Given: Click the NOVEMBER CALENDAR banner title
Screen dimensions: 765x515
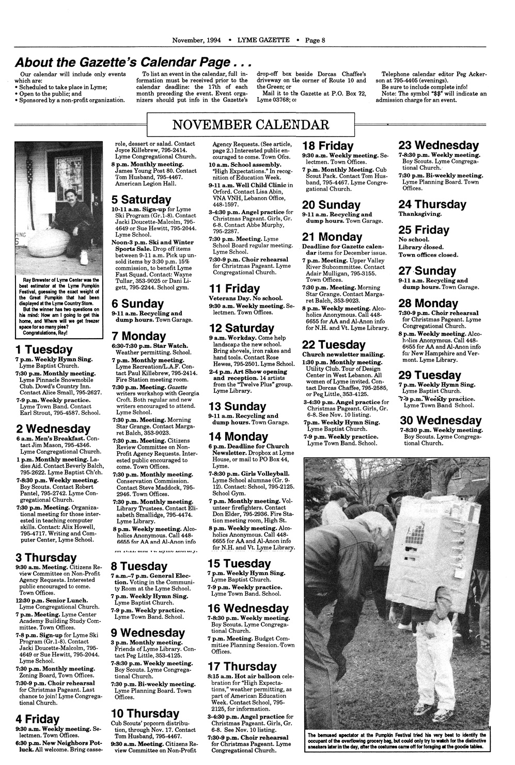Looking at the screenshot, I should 251,125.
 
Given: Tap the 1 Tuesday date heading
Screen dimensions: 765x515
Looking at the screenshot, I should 44,349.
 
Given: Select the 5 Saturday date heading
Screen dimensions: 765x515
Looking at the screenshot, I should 141,199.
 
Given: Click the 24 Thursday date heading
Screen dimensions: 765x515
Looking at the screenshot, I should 432,204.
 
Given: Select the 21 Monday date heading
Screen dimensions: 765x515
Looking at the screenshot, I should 332,237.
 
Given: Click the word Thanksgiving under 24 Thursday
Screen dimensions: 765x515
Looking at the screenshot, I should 420,214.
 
